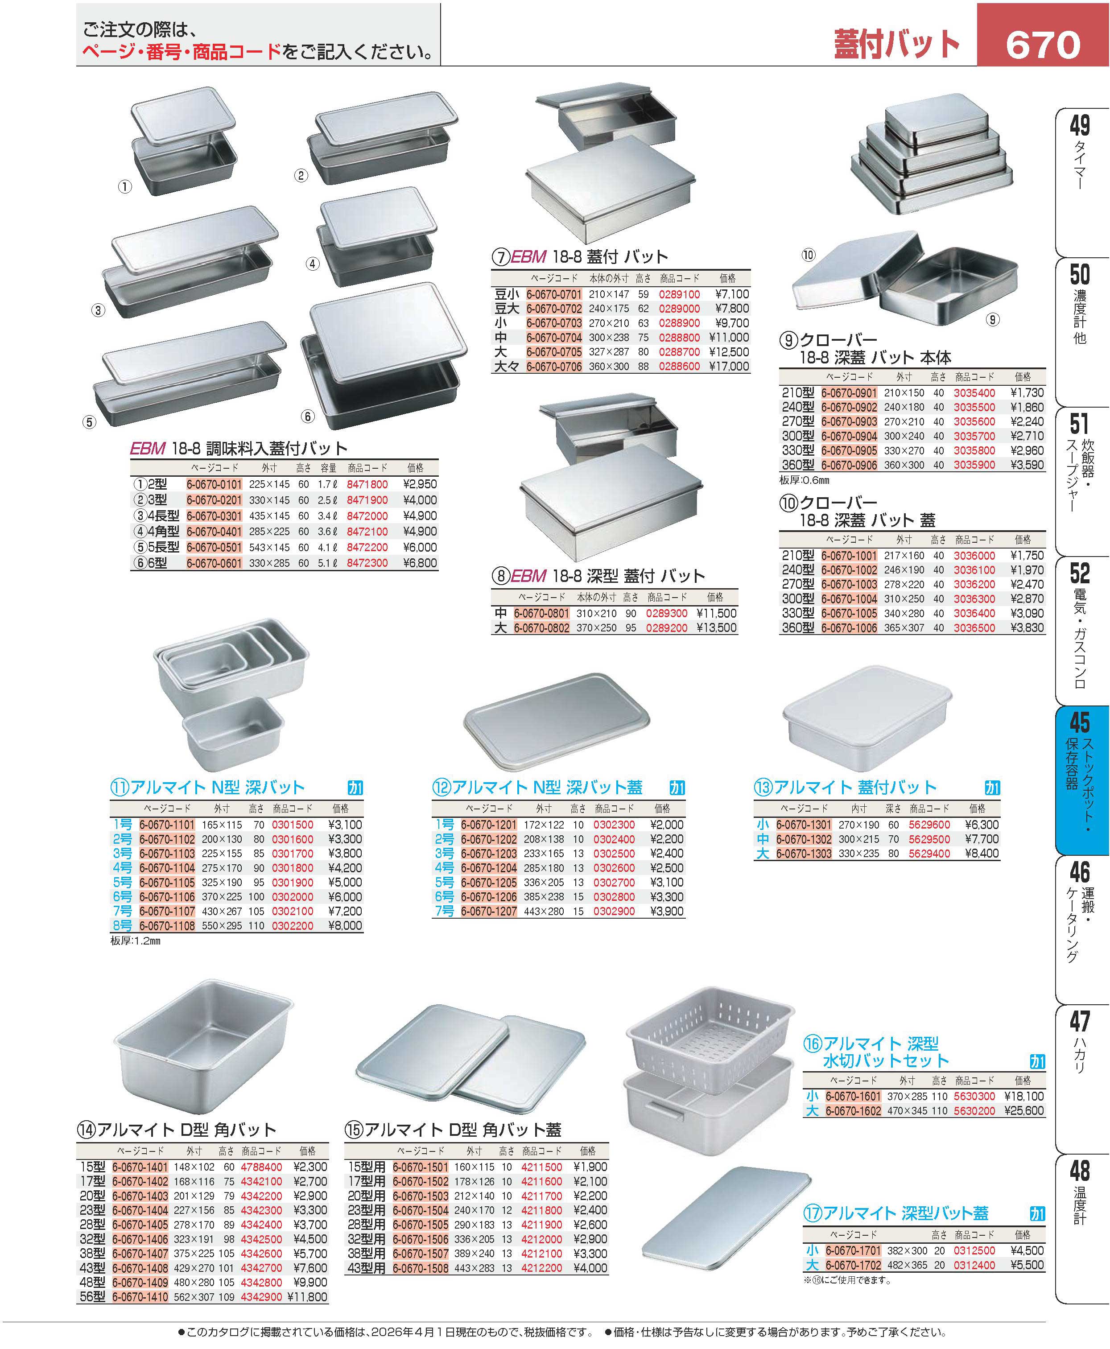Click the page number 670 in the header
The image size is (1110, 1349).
point(1043,45)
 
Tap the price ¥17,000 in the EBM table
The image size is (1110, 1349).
point(729,366)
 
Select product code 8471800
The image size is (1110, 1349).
point(367,485)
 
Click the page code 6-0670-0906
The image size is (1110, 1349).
point(849,466)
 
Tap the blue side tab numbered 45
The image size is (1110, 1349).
point(1080,780)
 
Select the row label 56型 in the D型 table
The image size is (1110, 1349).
point(92,1297)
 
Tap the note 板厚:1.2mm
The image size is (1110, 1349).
point(136,941)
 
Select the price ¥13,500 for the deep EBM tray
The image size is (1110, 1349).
point(717,628)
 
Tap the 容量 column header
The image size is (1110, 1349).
point(329,468)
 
